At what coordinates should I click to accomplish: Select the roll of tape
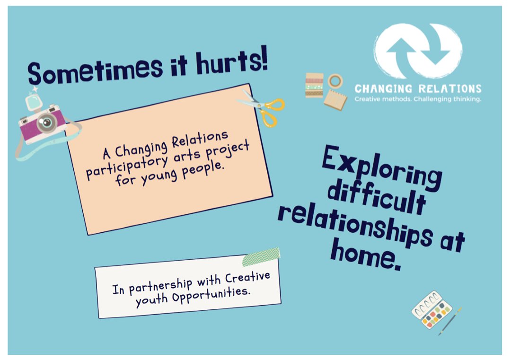pos(335,80)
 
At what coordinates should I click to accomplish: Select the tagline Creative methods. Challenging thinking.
pos(418,99)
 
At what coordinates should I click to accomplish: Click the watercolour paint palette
pos(431,310)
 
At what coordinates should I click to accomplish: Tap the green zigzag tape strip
pos(261,257)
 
